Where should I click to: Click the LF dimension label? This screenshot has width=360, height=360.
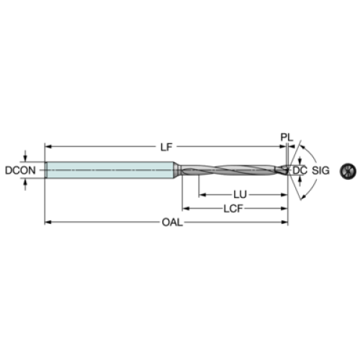(x=166, y=147)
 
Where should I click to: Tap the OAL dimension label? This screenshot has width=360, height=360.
(x=172, y=222)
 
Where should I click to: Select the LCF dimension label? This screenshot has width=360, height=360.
(x=233, y=209)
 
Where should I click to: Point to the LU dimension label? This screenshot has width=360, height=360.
(x=240, y=194)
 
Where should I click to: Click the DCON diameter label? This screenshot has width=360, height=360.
(x=20, y=170)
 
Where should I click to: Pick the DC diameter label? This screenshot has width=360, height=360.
(x=300, y=170)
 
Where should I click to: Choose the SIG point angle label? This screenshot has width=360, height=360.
(x=320, y=170)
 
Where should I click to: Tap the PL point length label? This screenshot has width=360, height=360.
(x=287, y=138)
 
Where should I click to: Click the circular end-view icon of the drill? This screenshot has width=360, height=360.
(x=348, y=171)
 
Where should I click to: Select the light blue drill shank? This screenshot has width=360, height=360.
(x=110, y=170)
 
